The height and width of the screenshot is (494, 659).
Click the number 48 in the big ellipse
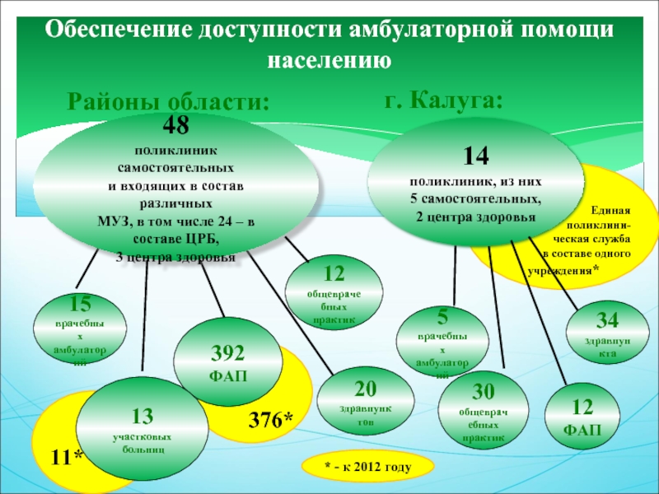click(176, 125)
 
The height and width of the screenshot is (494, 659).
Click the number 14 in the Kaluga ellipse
click(475, 156)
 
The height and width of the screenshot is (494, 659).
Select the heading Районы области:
click(167, 102)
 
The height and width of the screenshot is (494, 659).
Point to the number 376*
click(271, 420)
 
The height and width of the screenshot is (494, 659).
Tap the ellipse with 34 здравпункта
click(606, 331)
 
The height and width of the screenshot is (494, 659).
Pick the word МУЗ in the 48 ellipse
click(113, 221)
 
